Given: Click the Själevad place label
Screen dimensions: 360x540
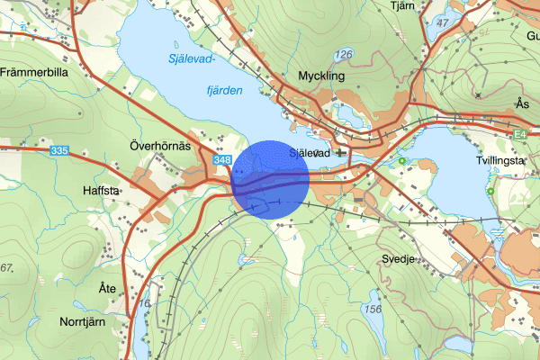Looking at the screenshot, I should point(311,154).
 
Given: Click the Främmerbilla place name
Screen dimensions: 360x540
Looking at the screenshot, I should point(34,72).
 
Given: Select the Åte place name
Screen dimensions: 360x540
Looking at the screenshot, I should point(107,288).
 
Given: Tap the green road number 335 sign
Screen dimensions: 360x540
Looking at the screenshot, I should point(60,150).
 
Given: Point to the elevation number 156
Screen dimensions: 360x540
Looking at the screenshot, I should point(374,309).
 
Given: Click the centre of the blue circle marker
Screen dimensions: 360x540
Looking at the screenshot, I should point(271,179).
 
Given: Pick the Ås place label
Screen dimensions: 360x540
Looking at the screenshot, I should point(523,103).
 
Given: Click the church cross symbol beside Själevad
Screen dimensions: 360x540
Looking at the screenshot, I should point(339,153).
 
